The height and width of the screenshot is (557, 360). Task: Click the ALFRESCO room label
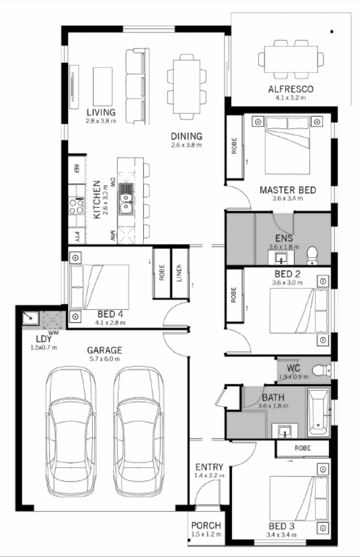click(x=291, y=89)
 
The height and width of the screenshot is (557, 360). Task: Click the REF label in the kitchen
click(x=77, y=169)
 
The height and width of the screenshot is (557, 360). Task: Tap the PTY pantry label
click(x=77, y=236)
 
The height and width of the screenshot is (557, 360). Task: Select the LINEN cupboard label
click(x=179, y=273)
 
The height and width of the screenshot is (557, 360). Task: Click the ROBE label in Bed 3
click(x=302, y=448)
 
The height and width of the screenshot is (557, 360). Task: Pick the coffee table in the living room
click(x=103, y=86)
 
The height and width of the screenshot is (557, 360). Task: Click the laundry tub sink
click(x=30, y=318)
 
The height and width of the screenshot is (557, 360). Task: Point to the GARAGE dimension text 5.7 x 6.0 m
click(x=104, y=359)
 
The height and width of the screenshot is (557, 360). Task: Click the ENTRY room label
click(x=209, y=467)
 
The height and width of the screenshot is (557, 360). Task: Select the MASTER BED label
click(x=288, y=190)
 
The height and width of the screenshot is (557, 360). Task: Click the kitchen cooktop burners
click(x=76, y=207)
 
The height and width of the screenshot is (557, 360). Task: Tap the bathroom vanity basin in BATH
click(x=284, y=430)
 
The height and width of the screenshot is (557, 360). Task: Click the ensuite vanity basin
click(x=281, y=257)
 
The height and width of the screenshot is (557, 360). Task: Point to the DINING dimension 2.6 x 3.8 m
click(x=186, y=145)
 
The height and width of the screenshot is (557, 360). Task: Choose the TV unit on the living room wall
click(x=74, y=87)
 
